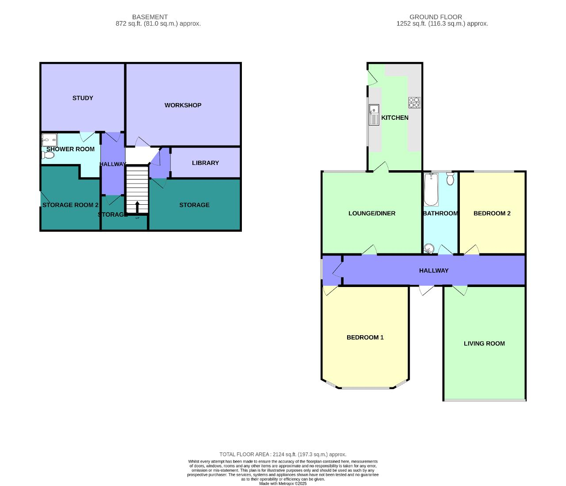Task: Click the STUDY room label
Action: click(83, 98)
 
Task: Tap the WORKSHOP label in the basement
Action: click(183, 105)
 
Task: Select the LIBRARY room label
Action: click(205, 163)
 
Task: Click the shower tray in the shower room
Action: click(47, 140)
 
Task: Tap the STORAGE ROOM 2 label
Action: click(70, 205)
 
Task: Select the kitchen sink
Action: click(374, 115)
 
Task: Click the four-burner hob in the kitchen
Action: click(414, 103)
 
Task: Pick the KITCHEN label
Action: click(394, 118)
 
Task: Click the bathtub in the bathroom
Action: click(431, 190)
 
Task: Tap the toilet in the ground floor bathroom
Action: click(450, 179)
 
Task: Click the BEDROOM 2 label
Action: click(492, 214)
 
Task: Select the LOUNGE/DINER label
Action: click(371, 214)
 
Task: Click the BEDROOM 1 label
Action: click(365, 337)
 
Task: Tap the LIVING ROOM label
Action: click(484, 344)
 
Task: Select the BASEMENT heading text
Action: click(150, 17)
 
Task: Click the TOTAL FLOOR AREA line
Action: click(283, 454)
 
